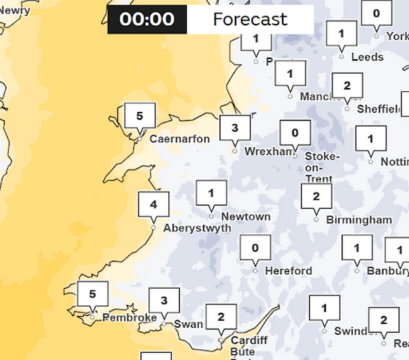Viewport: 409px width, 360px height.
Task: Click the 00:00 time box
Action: tap(147, 20)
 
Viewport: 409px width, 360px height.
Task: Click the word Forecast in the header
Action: tap(250, 20)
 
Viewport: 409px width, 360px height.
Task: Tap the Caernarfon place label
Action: tap(180, 139)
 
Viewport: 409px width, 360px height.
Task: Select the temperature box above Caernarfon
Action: tap(140, 116)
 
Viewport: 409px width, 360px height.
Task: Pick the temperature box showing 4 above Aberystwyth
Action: tap(154, 204)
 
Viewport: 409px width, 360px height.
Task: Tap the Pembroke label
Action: tap(130, 318)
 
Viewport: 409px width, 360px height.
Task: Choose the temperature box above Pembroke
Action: tap(92, 293)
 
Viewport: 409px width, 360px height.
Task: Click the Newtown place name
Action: tap(246, 217)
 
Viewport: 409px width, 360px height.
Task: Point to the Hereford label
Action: tap(288, 271)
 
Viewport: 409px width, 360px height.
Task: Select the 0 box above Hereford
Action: tap(255, 248)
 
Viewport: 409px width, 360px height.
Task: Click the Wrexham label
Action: tap(269, 152)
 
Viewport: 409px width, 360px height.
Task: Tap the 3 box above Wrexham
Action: tap(235, 128)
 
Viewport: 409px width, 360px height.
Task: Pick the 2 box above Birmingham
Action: tap(316, 196)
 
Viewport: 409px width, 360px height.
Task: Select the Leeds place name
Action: tap(367, 57)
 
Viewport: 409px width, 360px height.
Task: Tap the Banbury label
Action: tap(386, 271)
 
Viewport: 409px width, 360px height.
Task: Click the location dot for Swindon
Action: tap(325, 331)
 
